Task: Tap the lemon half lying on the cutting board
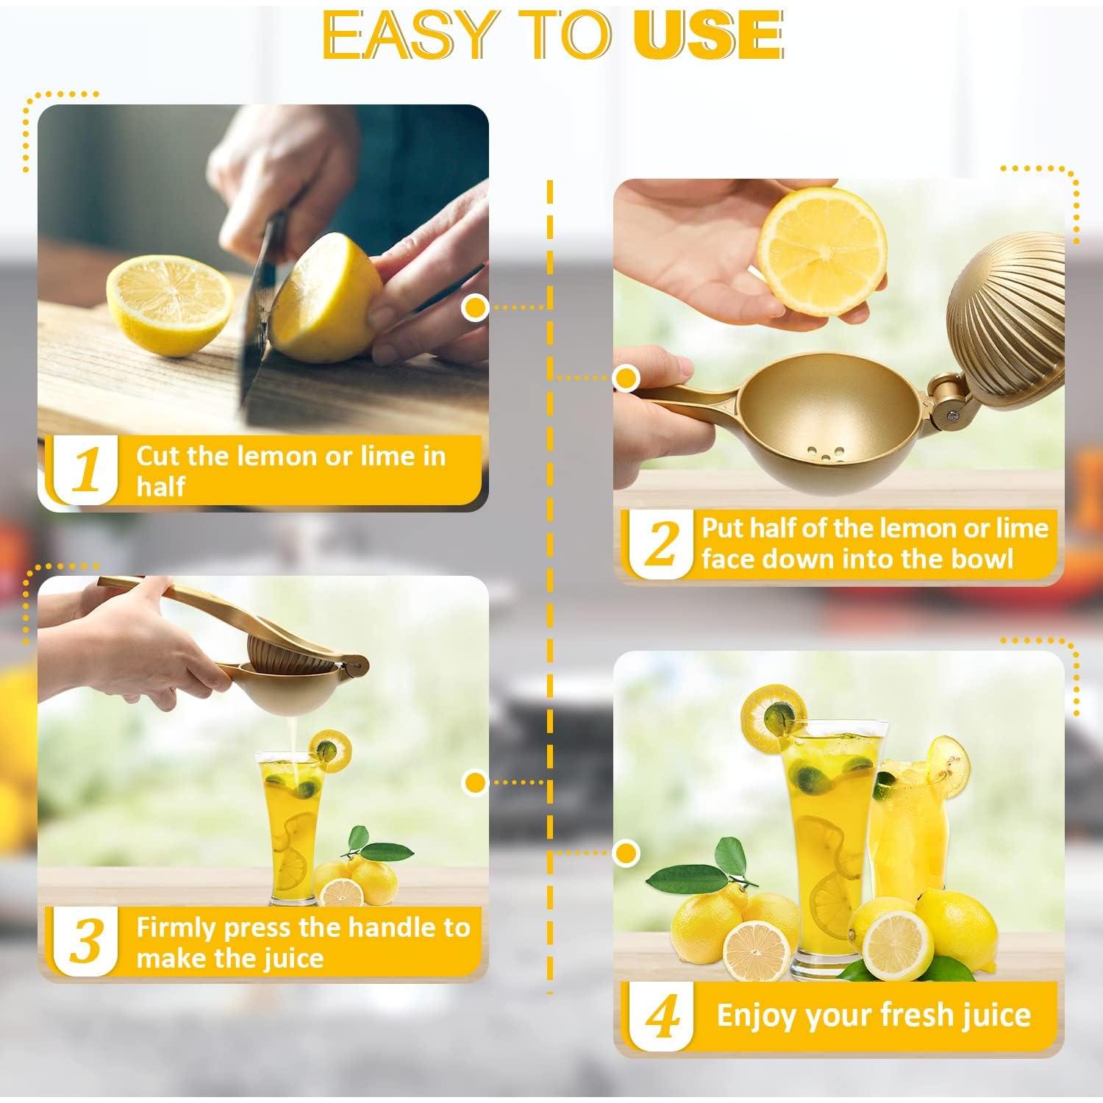[169, 307]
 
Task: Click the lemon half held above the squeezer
[822, 250]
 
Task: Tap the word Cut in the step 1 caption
[158, 456]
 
